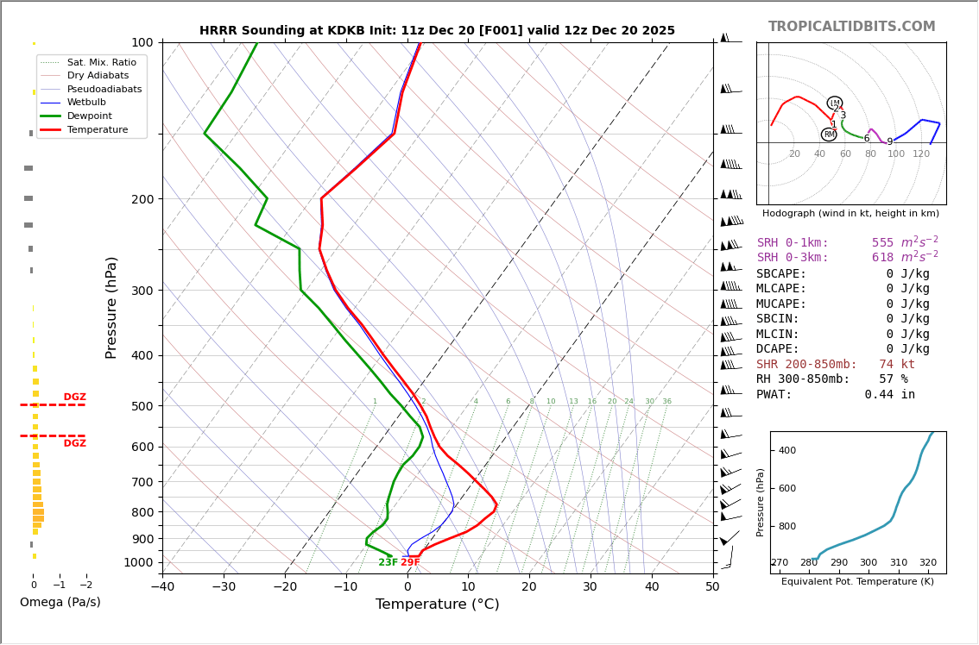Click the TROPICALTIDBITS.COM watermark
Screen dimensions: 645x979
click(x=851, y=27)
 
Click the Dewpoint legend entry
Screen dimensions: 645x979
click(x=89, y=116)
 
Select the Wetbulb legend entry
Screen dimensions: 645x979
click(x=86, y=103)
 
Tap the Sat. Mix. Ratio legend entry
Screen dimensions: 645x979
click(x=101, y=62)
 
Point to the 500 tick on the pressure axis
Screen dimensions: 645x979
click(x=142, y=406)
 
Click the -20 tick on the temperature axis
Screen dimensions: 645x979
click(x=285, y=587)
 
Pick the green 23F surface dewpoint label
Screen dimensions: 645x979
click(x=388, y=562)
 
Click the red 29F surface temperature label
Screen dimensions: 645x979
click(x=410, y=562)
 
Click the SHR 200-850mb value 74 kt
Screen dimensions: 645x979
click(x=897, y=364)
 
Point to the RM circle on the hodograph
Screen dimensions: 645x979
click(x=829, y=135)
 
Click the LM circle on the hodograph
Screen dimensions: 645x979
click(x=834, y=103)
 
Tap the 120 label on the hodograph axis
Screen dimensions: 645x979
click(x=921, y=154)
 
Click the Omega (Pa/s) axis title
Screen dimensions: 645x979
click(x=60, y=602)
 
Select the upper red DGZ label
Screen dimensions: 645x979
click(x=75, y=398)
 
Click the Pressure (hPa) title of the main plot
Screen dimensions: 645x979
click(x=111, y=307)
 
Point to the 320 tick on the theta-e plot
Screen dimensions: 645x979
click(x=927, y=563)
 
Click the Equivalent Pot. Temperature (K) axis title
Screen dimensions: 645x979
click(x=857, y=581)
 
